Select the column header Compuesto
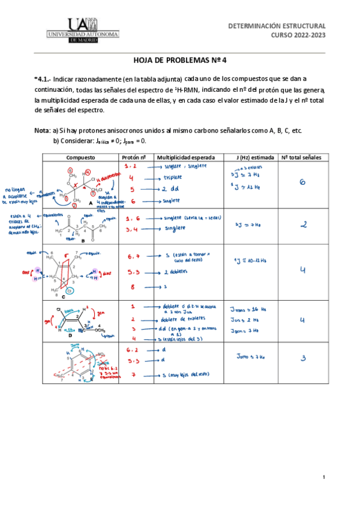80,157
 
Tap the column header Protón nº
134,157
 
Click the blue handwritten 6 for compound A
302,182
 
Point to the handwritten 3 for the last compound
303,359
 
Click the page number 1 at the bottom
323,477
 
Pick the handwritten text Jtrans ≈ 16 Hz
248,309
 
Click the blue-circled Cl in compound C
70,291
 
